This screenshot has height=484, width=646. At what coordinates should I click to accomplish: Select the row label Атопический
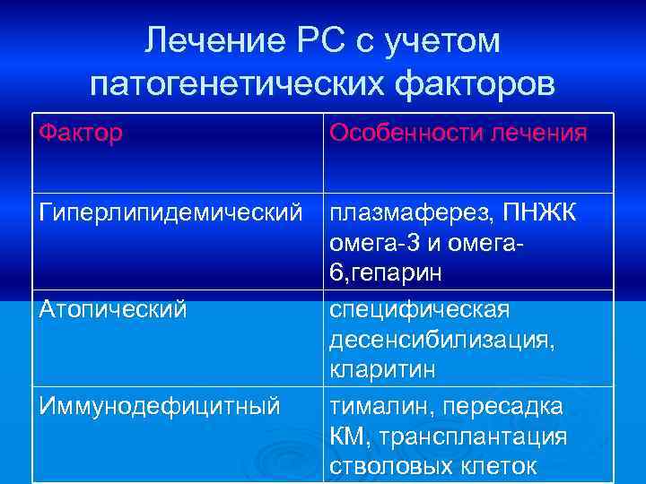(x=113, y=309)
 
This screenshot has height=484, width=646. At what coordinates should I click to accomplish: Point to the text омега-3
(x=372, y=244)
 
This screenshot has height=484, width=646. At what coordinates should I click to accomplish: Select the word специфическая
(x=420, y=309)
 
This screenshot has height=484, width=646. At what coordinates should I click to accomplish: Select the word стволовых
(x=389, y=466)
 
